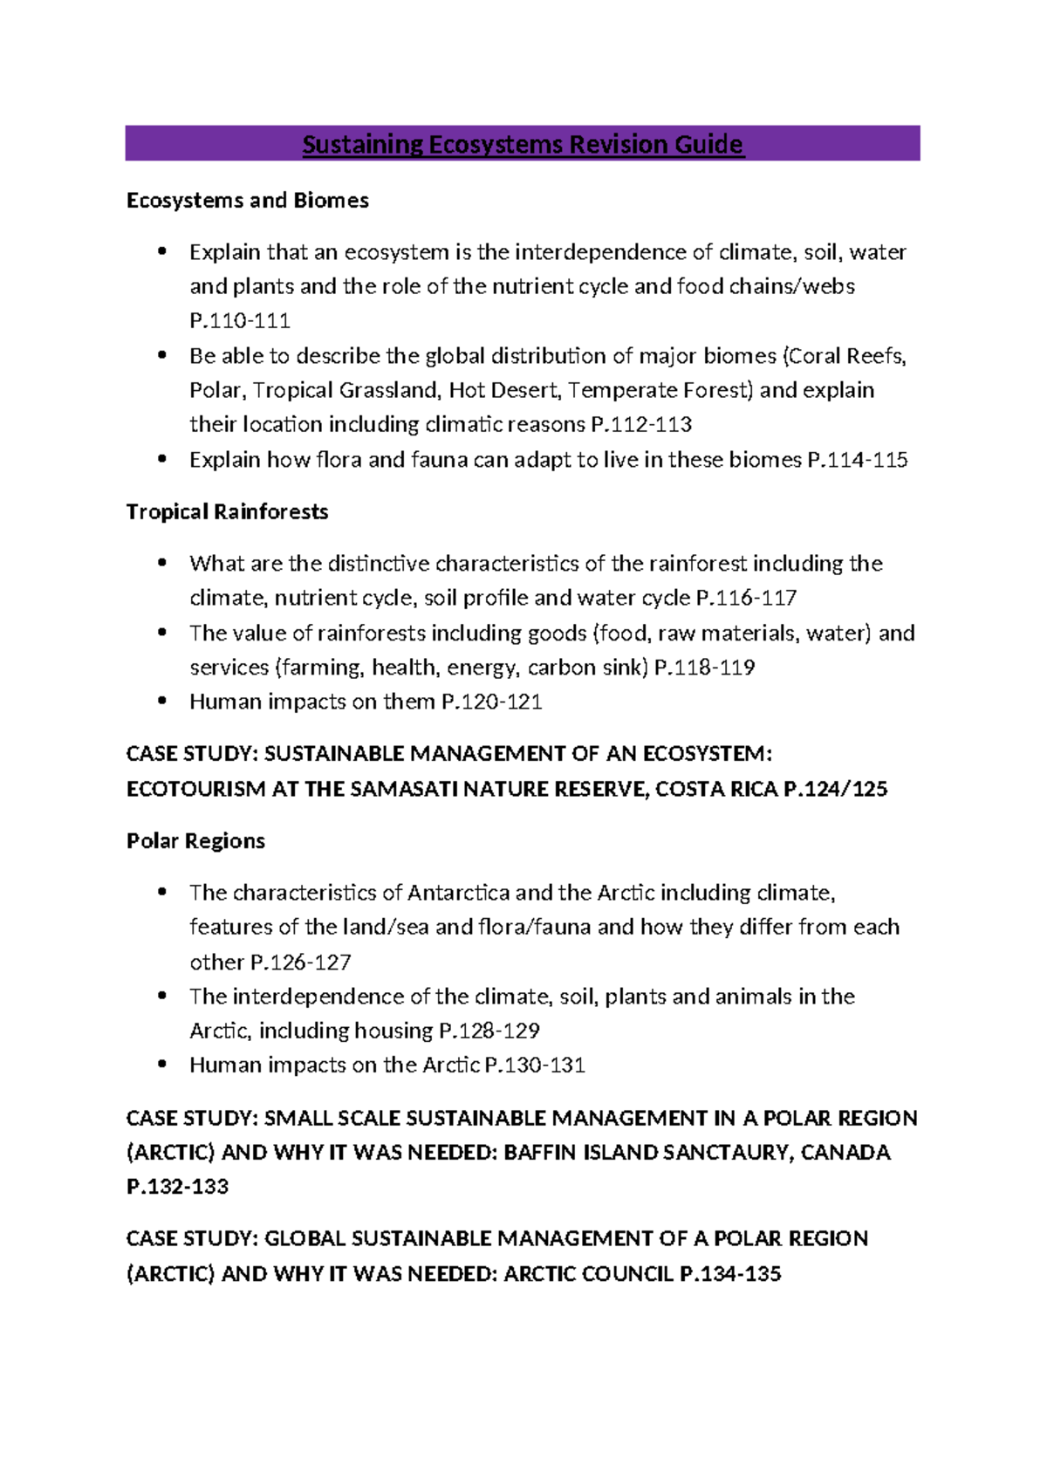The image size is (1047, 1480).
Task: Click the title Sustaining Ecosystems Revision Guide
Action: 523,144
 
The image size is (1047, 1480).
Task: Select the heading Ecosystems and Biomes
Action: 247,201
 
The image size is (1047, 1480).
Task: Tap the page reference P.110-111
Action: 240,321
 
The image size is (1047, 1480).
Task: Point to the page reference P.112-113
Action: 641,425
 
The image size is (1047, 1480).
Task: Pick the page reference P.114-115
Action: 858,460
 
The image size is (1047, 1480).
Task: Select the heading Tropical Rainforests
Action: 227,512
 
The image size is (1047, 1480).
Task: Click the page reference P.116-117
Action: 746,598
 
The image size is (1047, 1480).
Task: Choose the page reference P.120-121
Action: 492,702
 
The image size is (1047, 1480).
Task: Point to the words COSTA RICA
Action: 716,789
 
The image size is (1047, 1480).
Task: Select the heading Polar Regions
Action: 195,841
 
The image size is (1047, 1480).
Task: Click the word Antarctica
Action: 458,893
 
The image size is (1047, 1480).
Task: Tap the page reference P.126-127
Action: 301,963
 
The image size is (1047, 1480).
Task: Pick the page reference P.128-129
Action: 489,1031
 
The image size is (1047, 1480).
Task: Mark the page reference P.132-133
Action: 177,1187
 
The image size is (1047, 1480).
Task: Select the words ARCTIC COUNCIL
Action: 588,1274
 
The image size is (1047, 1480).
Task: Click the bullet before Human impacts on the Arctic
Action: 161,1065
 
